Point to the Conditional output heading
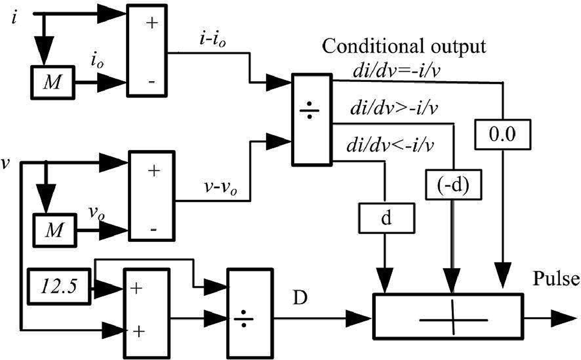point(404,47)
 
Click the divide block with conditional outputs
point(311,120)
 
